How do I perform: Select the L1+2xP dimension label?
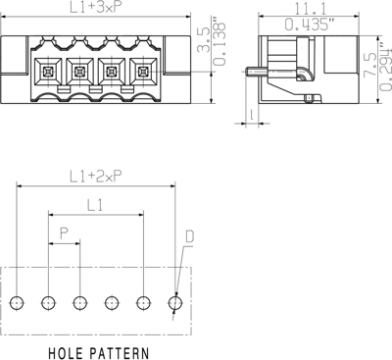(x=96, y=177)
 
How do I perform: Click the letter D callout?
(x=189, y=237)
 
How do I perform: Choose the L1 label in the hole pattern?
(x=96, y=206)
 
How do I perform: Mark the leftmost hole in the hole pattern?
(x=17, y=303)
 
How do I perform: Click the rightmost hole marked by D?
(x=175, y=303)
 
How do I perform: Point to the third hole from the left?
(x=80, y=303)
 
